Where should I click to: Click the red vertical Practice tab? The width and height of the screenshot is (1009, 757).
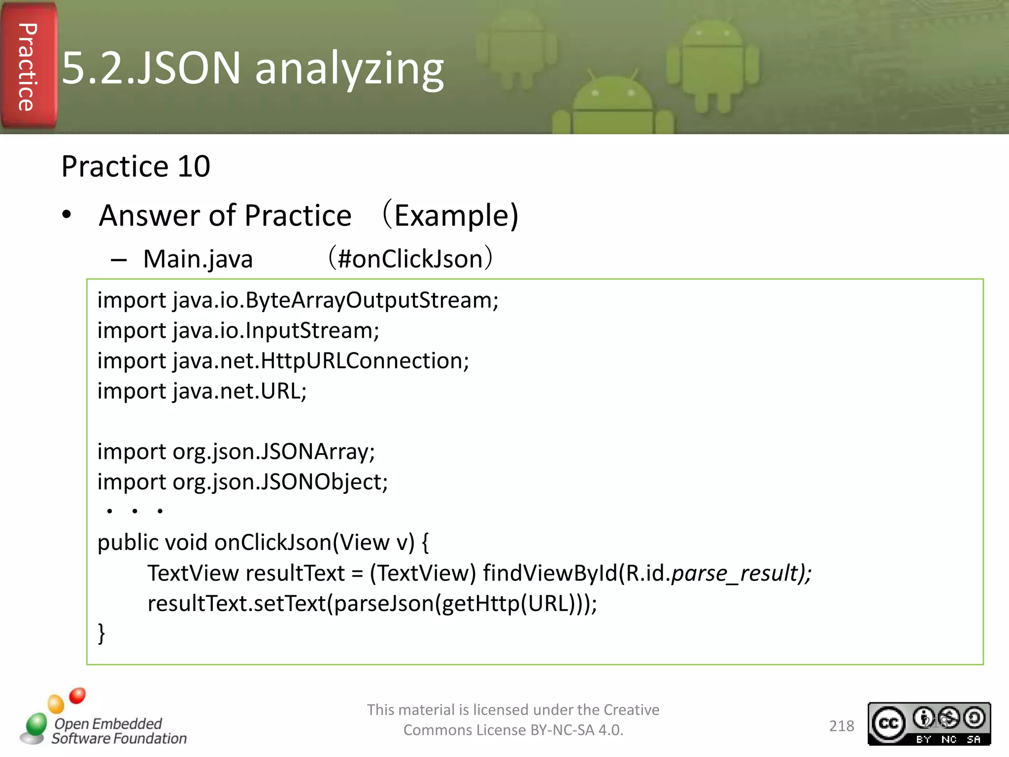[28, 67]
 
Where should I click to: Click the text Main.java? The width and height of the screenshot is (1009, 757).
[198, 259]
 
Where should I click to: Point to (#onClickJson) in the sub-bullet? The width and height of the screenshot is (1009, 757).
[411, 258]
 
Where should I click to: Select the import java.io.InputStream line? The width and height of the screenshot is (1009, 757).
[238, 331]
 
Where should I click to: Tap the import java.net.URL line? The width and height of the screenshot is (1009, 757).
[202, 391]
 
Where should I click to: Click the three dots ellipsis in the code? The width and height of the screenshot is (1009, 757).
[134, 511]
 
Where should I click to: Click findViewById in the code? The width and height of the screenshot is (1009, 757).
[550, 573]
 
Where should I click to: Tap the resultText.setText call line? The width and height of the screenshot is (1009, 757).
[372, 604]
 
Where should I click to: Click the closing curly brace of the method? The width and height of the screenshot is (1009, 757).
[101, 633]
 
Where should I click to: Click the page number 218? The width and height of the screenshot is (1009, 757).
[841, 726]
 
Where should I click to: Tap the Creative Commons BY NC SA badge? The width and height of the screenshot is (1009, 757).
[929, 723]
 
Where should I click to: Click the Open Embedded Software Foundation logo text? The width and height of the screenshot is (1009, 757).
[119, 731]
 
